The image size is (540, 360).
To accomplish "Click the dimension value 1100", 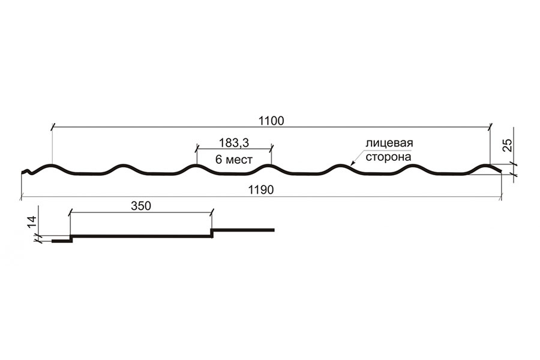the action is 271,121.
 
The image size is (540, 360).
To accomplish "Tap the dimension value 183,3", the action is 234,143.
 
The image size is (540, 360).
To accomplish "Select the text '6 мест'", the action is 234,160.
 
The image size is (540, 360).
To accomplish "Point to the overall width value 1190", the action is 261,190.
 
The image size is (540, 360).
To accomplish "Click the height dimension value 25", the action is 508,146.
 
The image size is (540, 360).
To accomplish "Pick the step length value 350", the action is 141,206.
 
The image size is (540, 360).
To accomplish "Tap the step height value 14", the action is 32,222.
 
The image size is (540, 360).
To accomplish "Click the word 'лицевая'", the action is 389,143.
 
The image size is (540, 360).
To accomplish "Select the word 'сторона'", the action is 388,157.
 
